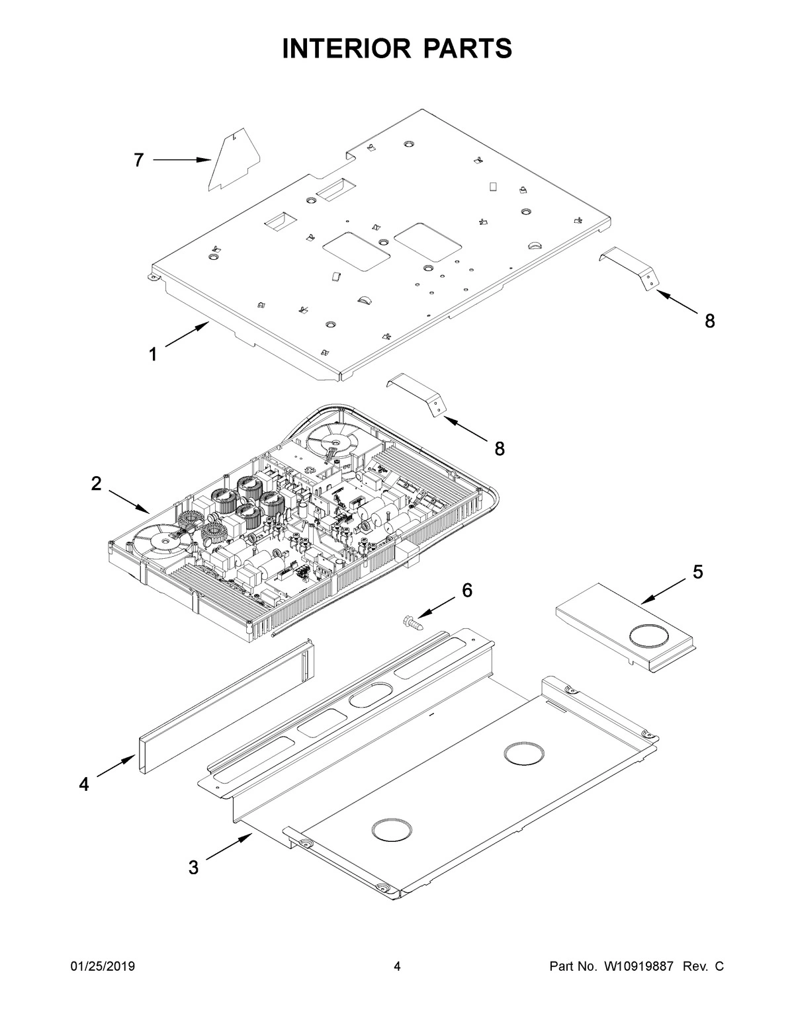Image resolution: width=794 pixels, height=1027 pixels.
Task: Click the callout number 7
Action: tap(138, 160)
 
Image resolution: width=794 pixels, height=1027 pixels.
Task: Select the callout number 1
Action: tap(153, 355)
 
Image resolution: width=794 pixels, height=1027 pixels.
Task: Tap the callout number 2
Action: tap(97, 484)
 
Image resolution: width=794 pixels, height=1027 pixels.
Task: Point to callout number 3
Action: tap(193, 868)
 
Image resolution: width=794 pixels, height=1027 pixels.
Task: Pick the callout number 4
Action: tap(83, 784)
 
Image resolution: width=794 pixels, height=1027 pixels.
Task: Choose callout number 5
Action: tap(698, 572)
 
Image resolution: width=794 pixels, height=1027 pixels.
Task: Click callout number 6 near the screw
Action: tap(467, 591)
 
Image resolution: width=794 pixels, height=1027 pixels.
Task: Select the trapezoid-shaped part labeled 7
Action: tap(233, 163)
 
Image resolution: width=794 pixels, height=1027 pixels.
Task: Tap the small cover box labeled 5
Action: tap(625, 627)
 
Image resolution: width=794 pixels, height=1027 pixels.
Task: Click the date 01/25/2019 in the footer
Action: tap(103, 967)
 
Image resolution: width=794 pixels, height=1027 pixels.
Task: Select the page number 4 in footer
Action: tap(397, 967)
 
